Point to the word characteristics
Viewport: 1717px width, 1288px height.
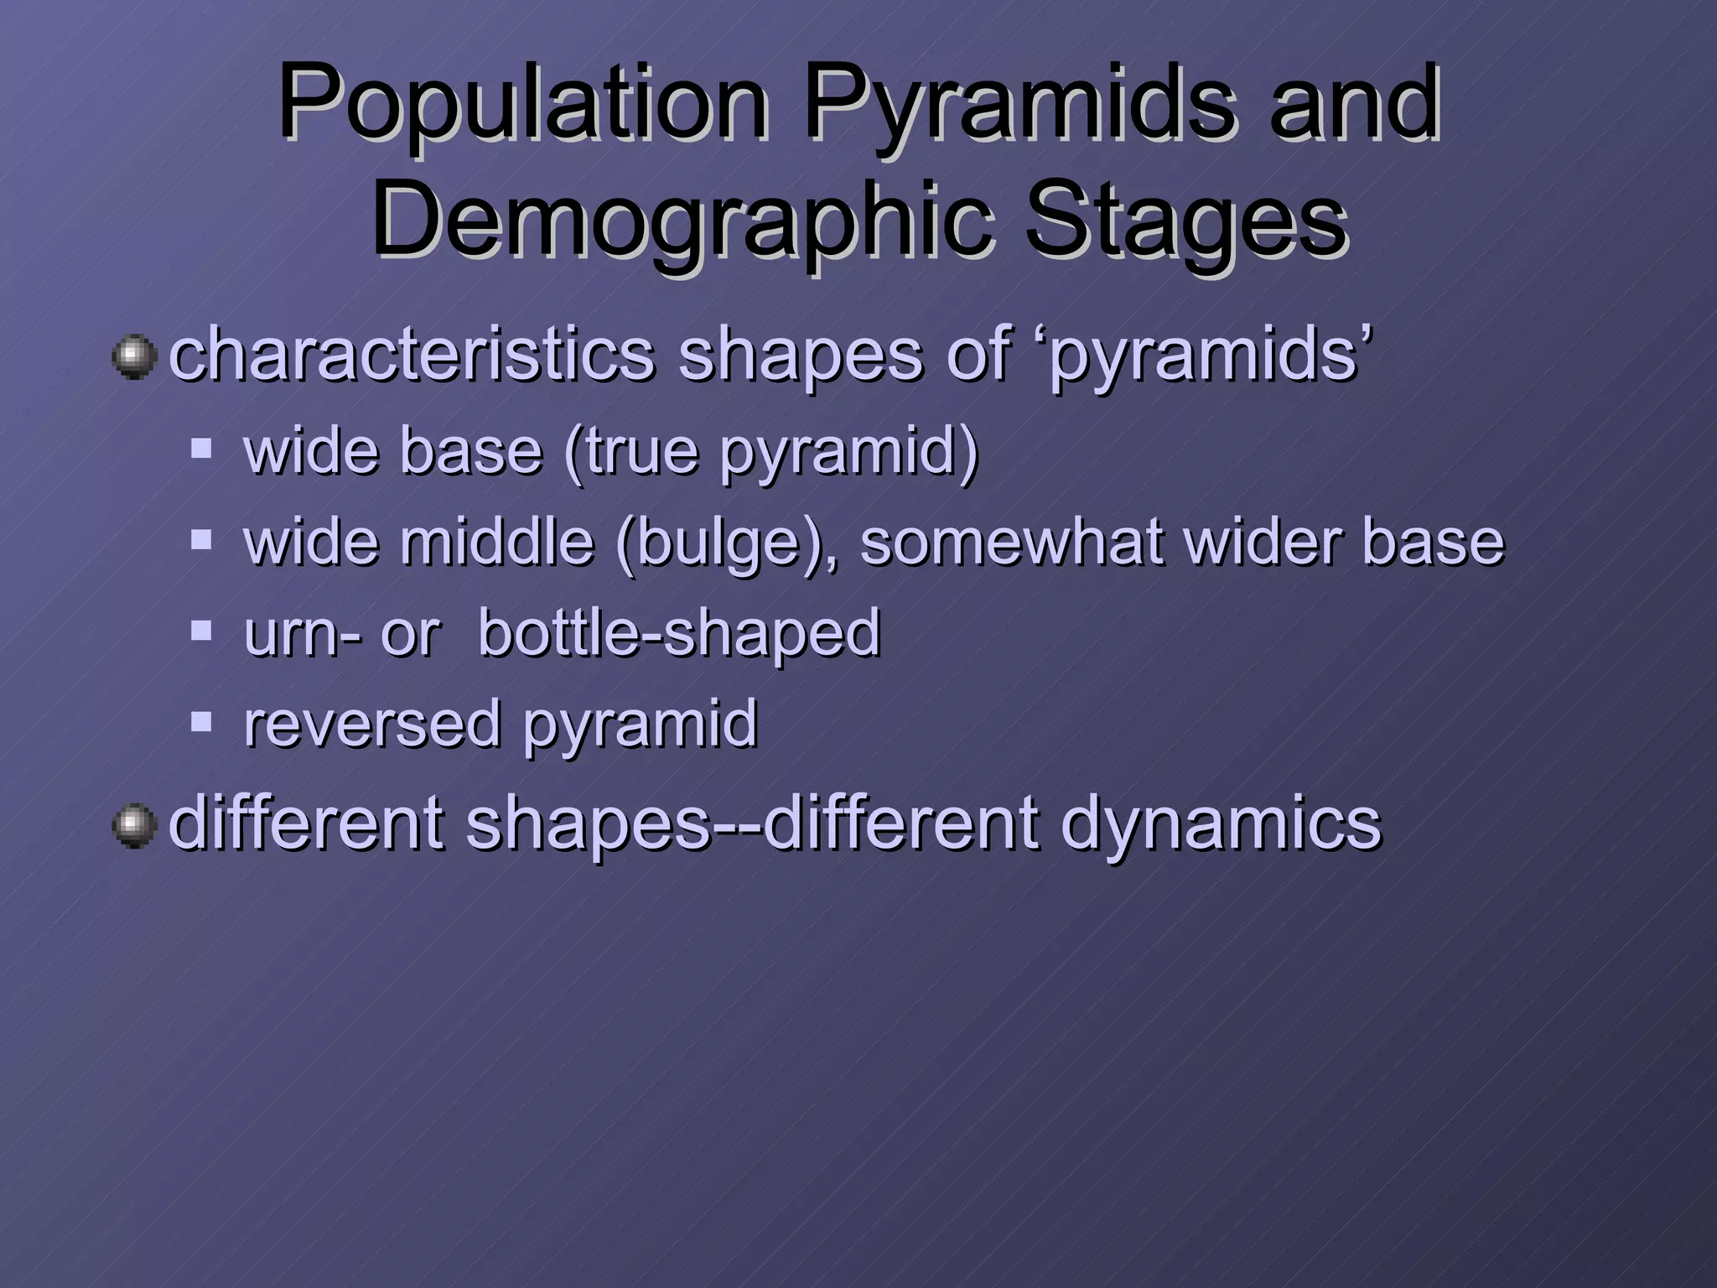click(411, 355)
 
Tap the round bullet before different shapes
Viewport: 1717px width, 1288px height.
click(134, 825)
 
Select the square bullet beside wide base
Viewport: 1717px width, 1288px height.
click(201, 448)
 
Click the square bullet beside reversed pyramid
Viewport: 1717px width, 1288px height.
click(201, 720)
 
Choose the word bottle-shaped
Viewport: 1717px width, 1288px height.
click(679, 634)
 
